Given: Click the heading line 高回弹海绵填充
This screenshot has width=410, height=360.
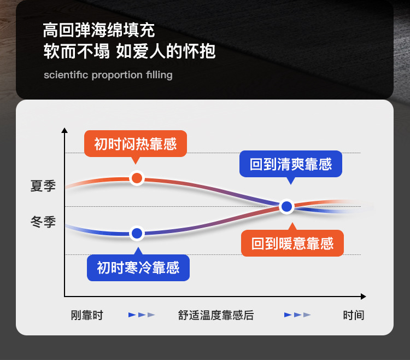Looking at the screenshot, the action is (98, 30).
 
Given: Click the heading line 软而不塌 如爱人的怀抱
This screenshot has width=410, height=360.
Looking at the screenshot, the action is (130, 51).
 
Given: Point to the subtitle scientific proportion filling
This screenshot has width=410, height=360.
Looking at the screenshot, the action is (108, 75).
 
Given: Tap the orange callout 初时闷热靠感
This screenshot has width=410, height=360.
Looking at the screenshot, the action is (135, 144).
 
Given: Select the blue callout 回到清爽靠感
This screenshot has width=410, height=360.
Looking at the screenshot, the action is (291, 164).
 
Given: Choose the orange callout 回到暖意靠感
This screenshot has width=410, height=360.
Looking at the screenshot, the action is (292, 243).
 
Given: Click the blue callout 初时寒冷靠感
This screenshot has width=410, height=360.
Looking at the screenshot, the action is (138, 268).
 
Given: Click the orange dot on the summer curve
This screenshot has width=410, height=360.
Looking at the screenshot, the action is (137, 178).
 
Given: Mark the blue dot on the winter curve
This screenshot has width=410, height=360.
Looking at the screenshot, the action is (137, 233).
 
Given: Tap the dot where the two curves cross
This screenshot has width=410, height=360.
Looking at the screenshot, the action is (286, 207).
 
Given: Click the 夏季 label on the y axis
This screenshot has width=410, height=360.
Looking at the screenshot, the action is (43, 186).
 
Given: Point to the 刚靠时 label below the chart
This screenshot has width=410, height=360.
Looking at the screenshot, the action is (87, 315).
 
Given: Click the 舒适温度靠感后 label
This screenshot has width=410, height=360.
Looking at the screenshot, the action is (215, 315).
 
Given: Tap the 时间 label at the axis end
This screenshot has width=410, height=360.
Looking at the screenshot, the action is (353, 315).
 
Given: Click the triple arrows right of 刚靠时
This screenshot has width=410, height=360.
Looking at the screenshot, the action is (142, 315).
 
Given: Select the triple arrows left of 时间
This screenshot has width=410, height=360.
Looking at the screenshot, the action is (297, 315).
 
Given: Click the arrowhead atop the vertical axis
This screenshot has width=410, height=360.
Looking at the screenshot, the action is (65, 130).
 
